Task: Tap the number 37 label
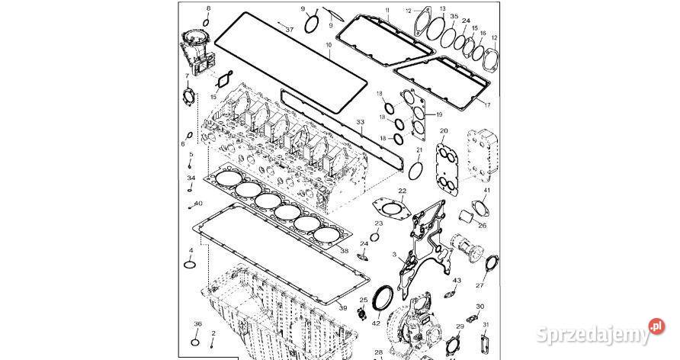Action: click(x=289, y=28)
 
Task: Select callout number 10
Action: click(x=329, y=46)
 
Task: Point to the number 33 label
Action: click(x=361, y=122)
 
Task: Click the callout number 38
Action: click(x=344, y=251)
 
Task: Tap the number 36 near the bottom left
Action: click(x=197, y=325)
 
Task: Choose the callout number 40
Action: click(x=198, y=204)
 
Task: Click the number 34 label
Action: click(x=191, y=178)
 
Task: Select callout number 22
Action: click(x=402, y=190)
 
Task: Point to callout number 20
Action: click(x=444, y=131)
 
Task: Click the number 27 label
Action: click(x=480, y=285)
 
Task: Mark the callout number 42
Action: click(x=376, y=323)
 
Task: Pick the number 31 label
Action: click(x=486, y=325)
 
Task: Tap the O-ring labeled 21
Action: click(x=416, y=168)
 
